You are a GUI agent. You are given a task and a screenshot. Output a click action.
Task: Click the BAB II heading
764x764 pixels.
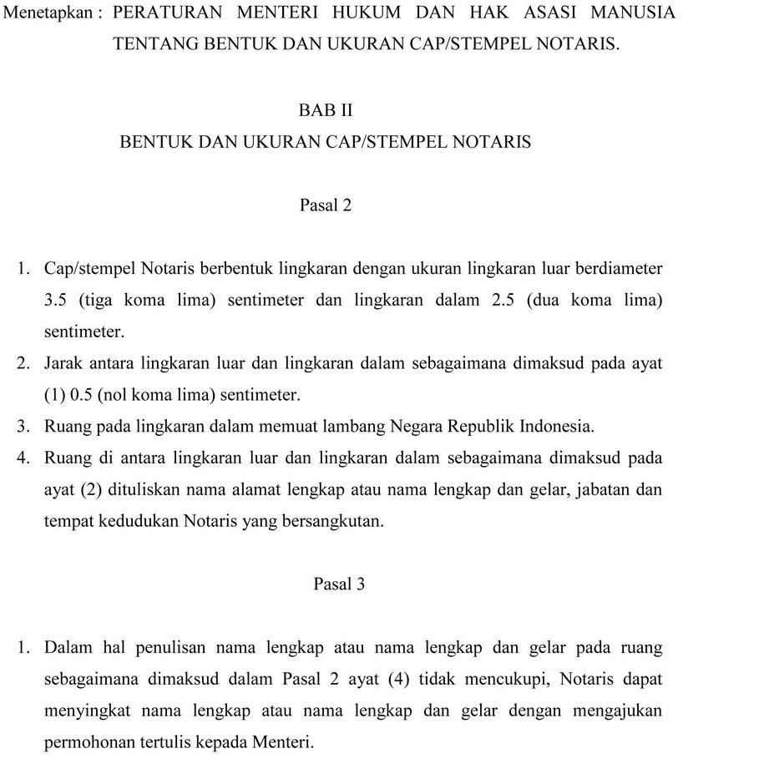click(326, 110)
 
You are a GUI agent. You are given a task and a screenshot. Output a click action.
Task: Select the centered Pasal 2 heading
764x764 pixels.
click(326, 205)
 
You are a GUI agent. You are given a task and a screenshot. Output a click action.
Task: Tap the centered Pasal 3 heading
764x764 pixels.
click(339, 584)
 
